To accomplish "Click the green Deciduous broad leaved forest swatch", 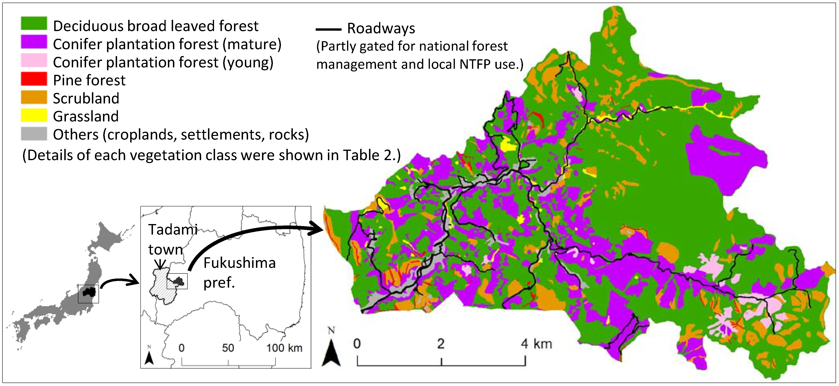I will [34, 23].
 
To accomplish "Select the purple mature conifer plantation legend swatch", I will [34, 42].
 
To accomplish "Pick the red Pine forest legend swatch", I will [34, 79].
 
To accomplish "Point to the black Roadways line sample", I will [328, 29].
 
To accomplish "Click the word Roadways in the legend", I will [381, 28].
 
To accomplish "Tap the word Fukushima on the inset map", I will [239, 263].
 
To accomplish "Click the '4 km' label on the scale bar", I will [536, 344].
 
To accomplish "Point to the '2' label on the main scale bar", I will [441, 344].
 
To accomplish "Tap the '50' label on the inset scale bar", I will [228, 348].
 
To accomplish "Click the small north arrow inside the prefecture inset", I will [149, 357].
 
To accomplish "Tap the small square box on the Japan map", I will [88, 294].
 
